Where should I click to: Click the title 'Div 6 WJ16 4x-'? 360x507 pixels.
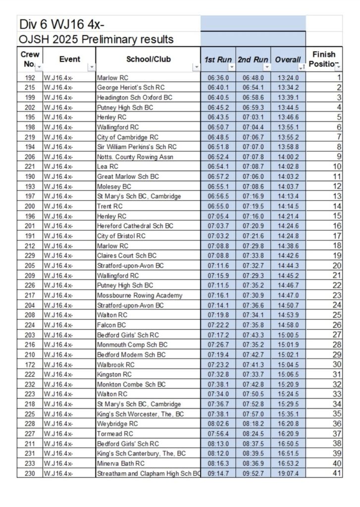pyautogui.click(x=61, y=24)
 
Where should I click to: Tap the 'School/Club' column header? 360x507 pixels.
pyautogui.click(x=148, y=59)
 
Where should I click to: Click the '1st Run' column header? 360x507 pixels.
pyautogui.click(x=218, y=59)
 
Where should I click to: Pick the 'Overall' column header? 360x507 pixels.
pyautogui.click(x=288, y=59)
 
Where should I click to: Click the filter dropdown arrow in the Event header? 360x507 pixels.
pyautogui.click(x=91, y=67)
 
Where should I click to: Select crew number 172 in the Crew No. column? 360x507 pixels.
pyautogui.click(x=30, y=364)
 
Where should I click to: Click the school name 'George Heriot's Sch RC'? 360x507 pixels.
pyautogui.click(x=130, y=88)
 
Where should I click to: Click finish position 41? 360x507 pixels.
pyautogui.click(x=337, y=473)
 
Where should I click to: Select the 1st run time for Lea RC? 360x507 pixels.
pyautogui.click(x=218, y=167)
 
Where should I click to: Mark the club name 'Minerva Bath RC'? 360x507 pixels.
pyautogui.click(x=121, y=463)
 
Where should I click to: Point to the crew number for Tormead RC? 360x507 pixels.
pyautogui.click(x=30, y=434)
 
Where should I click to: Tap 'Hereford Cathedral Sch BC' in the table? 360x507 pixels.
pyautogui.click(x=135, y=226)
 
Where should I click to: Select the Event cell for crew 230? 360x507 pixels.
pyautogui.click(x=58, y=473)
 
